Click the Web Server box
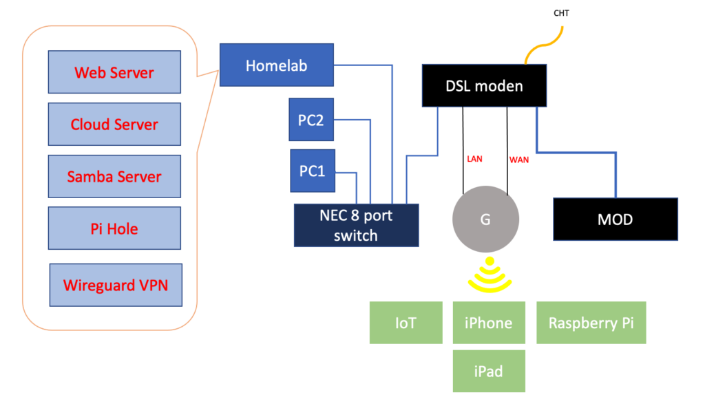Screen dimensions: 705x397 (115, 72)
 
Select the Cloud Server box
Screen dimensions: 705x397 (115, 124)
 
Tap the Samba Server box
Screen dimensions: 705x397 (115, 176)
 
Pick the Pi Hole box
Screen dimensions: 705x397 (115, 228)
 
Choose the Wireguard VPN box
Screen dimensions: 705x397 (116, 285)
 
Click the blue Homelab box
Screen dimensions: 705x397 (277, 65)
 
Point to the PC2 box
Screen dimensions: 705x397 (311, 120)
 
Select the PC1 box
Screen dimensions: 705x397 (313, 171)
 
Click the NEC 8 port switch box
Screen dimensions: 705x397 (356, 226)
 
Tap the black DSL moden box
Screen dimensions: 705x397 (484, 85)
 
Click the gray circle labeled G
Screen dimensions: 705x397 (485, 219)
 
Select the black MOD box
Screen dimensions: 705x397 (615, 219)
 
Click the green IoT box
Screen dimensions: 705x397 (406, 323)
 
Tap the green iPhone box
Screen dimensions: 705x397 (489, 323)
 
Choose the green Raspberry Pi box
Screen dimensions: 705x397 (591, 323)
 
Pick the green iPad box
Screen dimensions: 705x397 (489, 371)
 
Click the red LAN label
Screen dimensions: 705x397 (474, 159)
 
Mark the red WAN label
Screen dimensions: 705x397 (519, 160)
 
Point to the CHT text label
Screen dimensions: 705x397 (561, 13)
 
